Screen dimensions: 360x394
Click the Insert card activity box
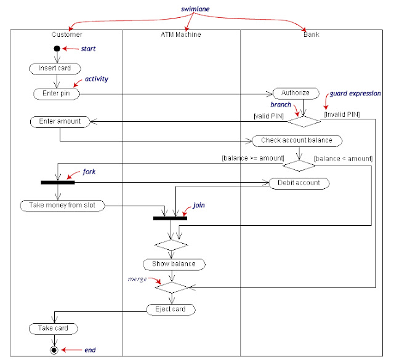pos(57,68)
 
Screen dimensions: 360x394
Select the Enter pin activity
pos(57,94)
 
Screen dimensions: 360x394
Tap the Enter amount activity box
pos(60,122)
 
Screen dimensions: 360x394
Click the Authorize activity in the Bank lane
pos(295,94)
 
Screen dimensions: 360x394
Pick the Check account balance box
pos(296,140)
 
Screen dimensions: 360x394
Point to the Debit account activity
pos(299,183)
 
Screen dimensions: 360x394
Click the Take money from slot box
pos(62,205)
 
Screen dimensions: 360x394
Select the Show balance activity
pos(174,264)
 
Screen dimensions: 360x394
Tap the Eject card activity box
pos(171,309)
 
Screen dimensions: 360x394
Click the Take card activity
pos(54,329)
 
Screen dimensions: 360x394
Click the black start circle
pos(57,49)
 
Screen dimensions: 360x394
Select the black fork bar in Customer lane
pos(57,182)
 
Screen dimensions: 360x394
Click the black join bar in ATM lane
pos(170,218)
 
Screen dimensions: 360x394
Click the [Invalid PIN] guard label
pos(342,114)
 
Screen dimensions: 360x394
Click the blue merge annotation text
pos(137,279)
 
